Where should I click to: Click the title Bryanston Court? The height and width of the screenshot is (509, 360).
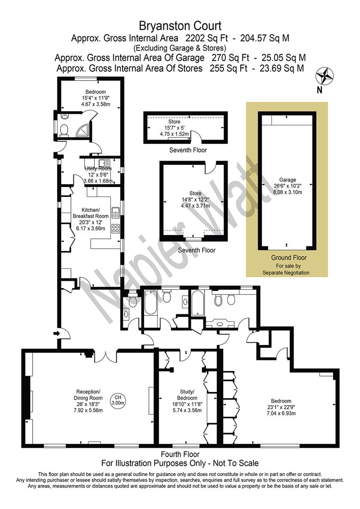pyautogui.click(x=180, y=25)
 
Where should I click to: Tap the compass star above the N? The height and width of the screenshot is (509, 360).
pyautogui.click(x=325, y=76)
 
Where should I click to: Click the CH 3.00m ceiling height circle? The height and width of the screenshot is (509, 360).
pyautogui.click(x=118, y=400)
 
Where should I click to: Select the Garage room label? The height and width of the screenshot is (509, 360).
pyautogui.click(x=287, y=180)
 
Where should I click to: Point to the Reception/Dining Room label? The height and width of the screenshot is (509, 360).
pyautogui.click(x=89, y=395)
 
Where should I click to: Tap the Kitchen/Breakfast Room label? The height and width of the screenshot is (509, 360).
pyautogui.click(x=90, y=213)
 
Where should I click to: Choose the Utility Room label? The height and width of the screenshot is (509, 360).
pyautogui.click(x=98, y=169)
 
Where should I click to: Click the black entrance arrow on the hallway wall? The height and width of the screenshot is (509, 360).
pyautogui.click(x=57, y=333)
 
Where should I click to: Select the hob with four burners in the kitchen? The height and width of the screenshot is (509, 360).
pyautogui.click(x=116, y=228)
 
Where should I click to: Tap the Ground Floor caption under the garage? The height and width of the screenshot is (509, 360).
pyautogui.click(x=289, y=258)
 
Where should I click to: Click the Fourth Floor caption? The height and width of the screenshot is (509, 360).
pyautogui.click(x=180, y=454)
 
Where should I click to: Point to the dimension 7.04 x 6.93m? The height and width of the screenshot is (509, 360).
pyautogui.click(x=281, y=413)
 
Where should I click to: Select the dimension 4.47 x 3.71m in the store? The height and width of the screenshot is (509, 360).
pyautogui.click(x=196, y=205)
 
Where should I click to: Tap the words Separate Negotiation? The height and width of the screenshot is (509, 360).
pyautogui.click(x=286, y=273)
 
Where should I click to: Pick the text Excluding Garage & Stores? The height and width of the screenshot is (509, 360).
pyautogui.click(x=180, y=48)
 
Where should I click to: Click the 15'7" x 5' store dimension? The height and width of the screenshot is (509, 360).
pyautogui.click(x=174, y=128)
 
